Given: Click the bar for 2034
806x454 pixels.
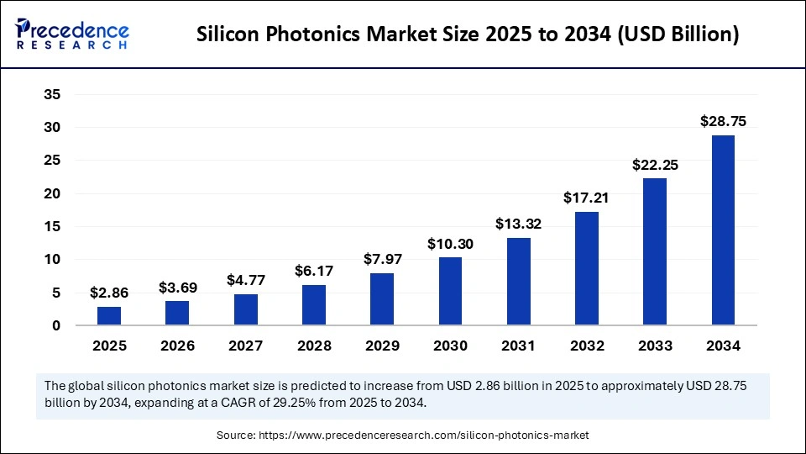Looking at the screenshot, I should (x=723, y=230).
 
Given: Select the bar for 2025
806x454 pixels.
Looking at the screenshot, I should (x=109, y=316).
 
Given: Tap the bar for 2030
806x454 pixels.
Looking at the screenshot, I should (x=450, y=291).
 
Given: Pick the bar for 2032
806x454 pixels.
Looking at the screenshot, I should (x=587, y=268).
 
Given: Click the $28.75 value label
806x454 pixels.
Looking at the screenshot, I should (x=723, y=121).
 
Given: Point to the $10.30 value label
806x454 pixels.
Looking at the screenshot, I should (x=450, y=243).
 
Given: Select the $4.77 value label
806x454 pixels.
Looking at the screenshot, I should (x=245, y=280).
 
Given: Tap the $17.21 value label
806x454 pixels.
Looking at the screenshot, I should (x=587, y=198).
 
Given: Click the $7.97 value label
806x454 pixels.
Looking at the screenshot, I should (x=382, y=259).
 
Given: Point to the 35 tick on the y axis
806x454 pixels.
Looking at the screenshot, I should (x=52, y=95).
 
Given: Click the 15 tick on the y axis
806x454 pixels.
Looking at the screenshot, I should (x=52, y=227).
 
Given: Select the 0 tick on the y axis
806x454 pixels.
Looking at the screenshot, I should (x=56, y=325).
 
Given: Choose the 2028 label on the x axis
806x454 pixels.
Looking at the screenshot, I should (x=314, y=346).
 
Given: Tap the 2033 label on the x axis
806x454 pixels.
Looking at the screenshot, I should (x=655, y=346).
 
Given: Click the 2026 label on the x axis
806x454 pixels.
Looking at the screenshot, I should (x=177, y=346).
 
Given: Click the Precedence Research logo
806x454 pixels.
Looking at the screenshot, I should (x=72, y=34).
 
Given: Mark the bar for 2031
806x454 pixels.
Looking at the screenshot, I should (x=518, y=282).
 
